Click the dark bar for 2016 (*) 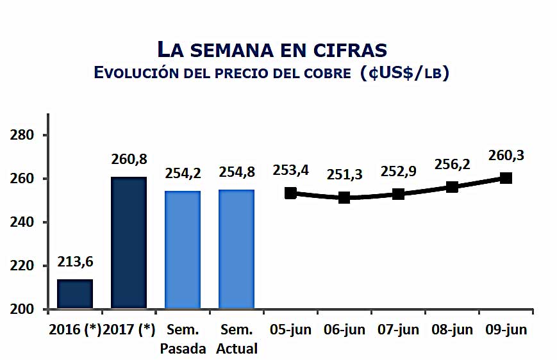(75, 294)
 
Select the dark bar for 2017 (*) (129, 243)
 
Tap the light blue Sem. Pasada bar (183, 250)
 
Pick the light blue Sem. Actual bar (237, 250)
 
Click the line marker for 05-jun (290, 193)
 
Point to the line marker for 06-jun (344, 197)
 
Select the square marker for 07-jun (398, 193)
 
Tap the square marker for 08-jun (452, 186)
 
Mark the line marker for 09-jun (506, 178)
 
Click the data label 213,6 (76, 263)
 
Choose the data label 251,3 (344, 174)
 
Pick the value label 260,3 (506, 155)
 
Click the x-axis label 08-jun (452, 330)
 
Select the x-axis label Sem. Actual (237, 339)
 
